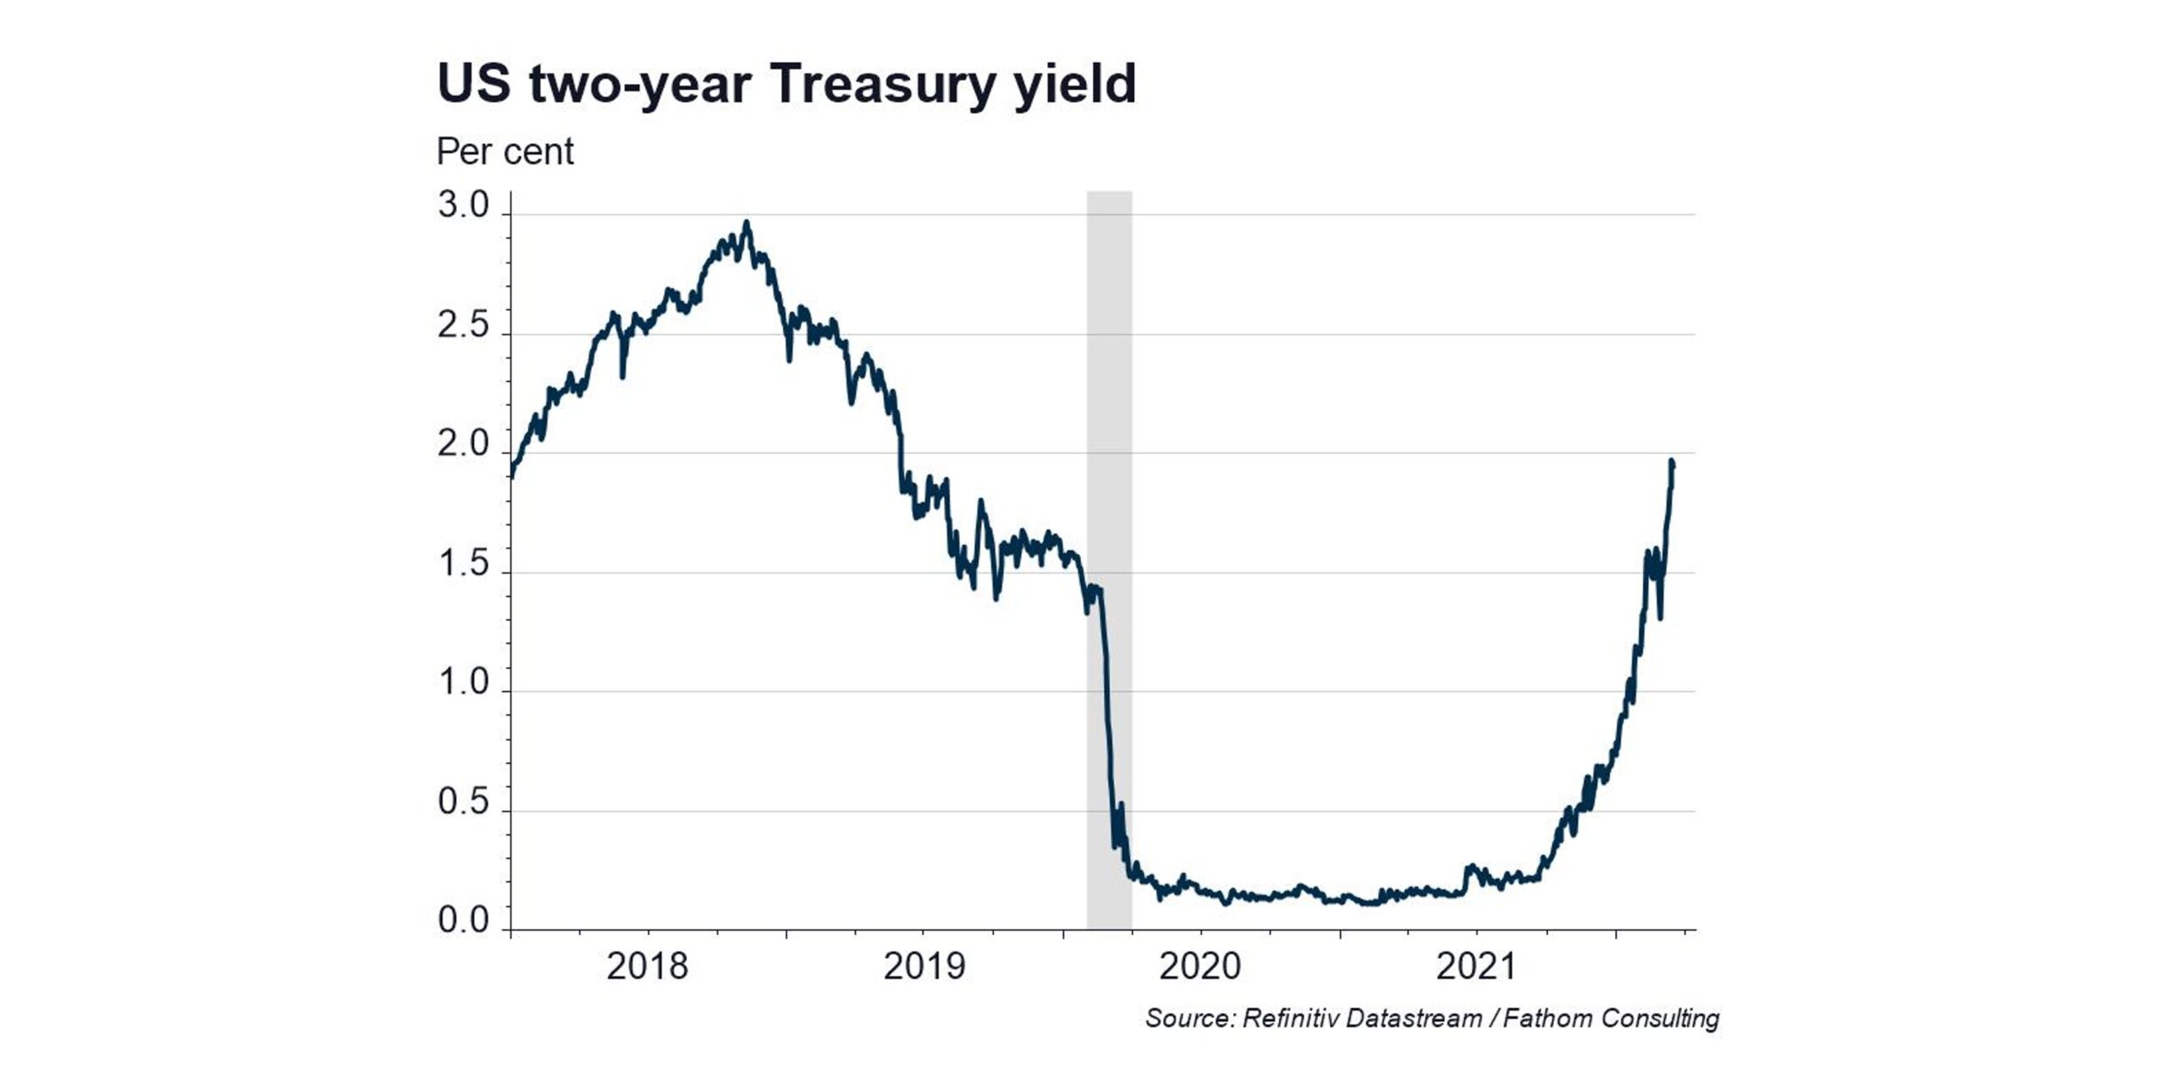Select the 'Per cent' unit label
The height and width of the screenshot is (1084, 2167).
click(x=505, y=152)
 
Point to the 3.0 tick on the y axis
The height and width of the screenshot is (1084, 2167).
click(x=463, y=206)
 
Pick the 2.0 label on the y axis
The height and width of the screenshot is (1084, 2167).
click(x=463, y=445)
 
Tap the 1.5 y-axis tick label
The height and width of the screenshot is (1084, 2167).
click(x=463, y=564)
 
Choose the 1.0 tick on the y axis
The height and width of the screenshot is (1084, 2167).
click(x=463, y=683)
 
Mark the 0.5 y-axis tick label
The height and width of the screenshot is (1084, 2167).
click(x=463, y=802)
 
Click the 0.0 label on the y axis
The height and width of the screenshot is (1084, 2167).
click(x=463, y=921)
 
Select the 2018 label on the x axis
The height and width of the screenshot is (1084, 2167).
click(x=648, y=966)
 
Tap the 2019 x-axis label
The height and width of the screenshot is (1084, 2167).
click(x=924, y=966)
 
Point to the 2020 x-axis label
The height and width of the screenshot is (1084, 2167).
click(x=1200, y=966)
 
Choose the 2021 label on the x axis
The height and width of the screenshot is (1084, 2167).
click(x=1476, y=966)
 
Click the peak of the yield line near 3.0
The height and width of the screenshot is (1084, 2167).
click(x=746, y=223)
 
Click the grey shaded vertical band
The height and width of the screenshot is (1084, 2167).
click(x=1109, y=560)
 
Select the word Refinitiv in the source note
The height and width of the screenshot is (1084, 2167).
click(x=1289, y=1018)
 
